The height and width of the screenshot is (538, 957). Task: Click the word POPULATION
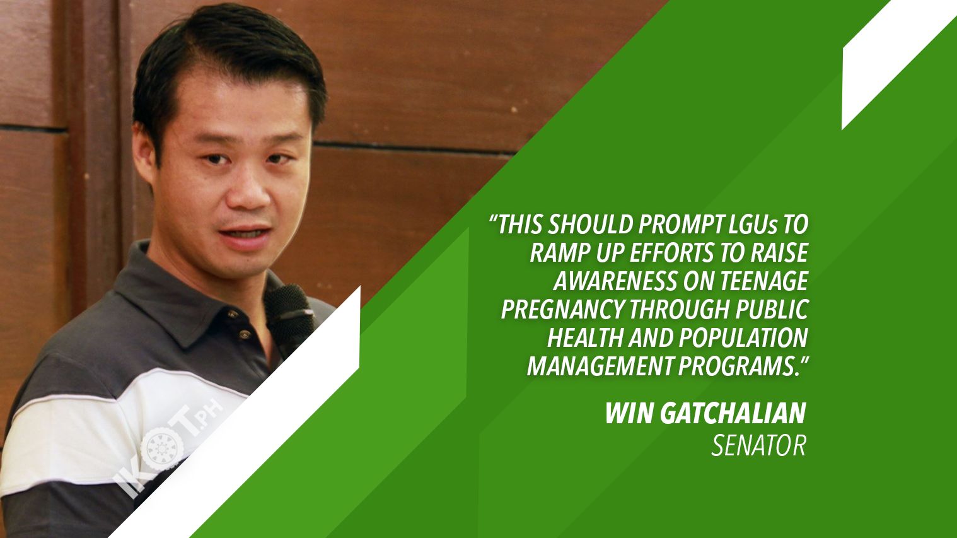click(x=743, y=337)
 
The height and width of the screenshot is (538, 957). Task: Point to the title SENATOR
click(x=759, y=446)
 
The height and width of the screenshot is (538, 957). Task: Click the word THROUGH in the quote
click(x=679, y=310)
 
